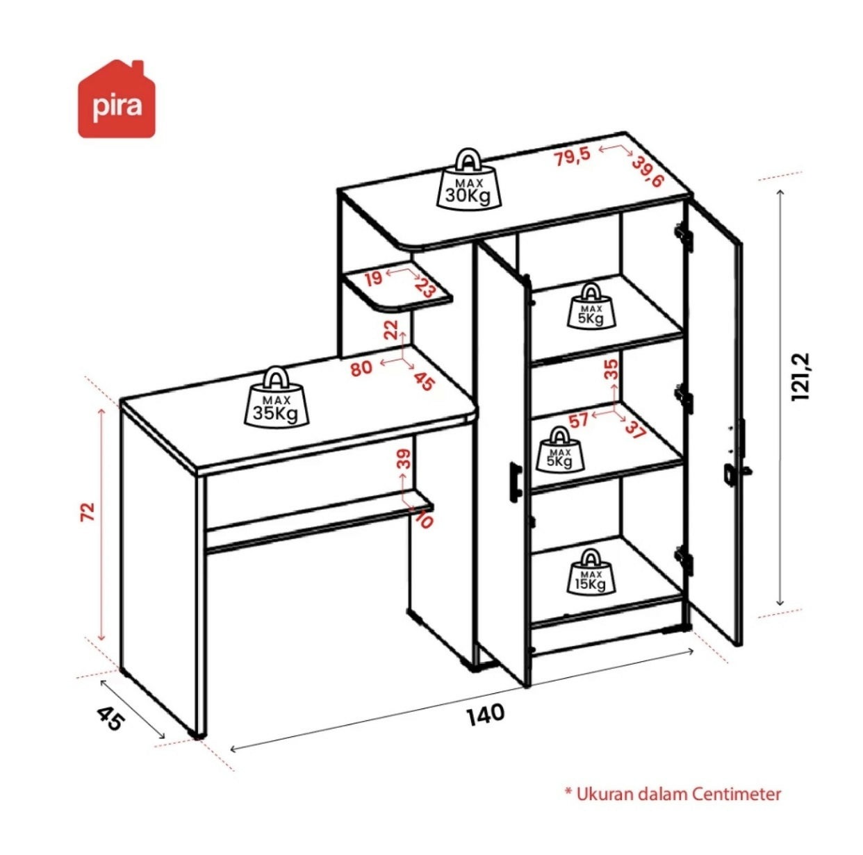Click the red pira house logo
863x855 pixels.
[117, 99]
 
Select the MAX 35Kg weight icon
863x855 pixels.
[277, 397]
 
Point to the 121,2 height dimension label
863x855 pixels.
[801, 376]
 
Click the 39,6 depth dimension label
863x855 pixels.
[647, 172]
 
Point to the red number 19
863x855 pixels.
[373, 279]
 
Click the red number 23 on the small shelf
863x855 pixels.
[425, 288]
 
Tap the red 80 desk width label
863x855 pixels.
[361, 367]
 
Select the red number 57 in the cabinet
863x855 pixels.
[578, 421]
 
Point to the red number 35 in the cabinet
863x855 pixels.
[611, 369]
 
